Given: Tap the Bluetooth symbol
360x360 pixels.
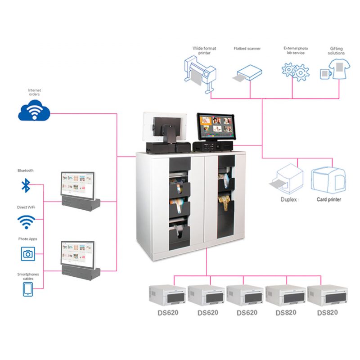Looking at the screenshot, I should point(27,185).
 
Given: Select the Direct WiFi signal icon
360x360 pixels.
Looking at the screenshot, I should point(27,221).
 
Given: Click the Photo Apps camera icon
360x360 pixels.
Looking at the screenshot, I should point(27,254).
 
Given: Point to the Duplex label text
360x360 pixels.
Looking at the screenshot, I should point(288,199).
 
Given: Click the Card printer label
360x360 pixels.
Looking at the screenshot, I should point(328,199).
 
